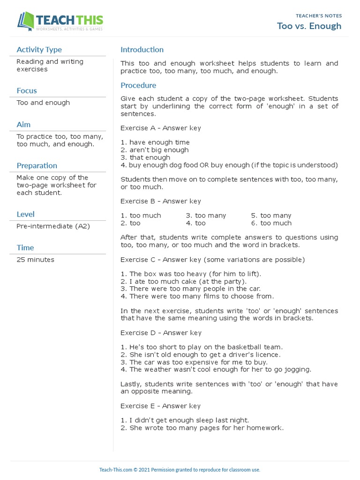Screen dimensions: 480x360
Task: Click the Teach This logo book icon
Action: pos(26,22)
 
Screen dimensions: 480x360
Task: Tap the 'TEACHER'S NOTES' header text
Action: pos(319,15)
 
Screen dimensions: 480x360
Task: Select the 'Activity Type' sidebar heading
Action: pos(39,50)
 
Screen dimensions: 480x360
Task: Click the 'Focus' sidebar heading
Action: pos(27,90)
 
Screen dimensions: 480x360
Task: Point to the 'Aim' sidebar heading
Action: pos(23,124)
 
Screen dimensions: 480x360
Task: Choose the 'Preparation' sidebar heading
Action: pos(37,165)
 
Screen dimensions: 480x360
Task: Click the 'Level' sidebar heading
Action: pos(25,214)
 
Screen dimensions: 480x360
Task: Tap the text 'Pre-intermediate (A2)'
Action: pos(53,226)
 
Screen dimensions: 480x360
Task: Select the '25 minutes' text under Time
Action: pos(35,260)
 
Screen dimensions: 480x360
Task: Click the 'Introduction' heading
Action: pos(142,50)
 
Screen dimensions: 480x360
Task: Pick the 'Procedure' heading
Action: pos(138,85)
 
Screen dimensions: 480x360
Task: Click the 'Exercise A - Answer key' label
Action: pos(160,128)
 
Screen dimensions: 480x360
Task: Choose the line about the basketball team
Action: pos(202,347)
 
